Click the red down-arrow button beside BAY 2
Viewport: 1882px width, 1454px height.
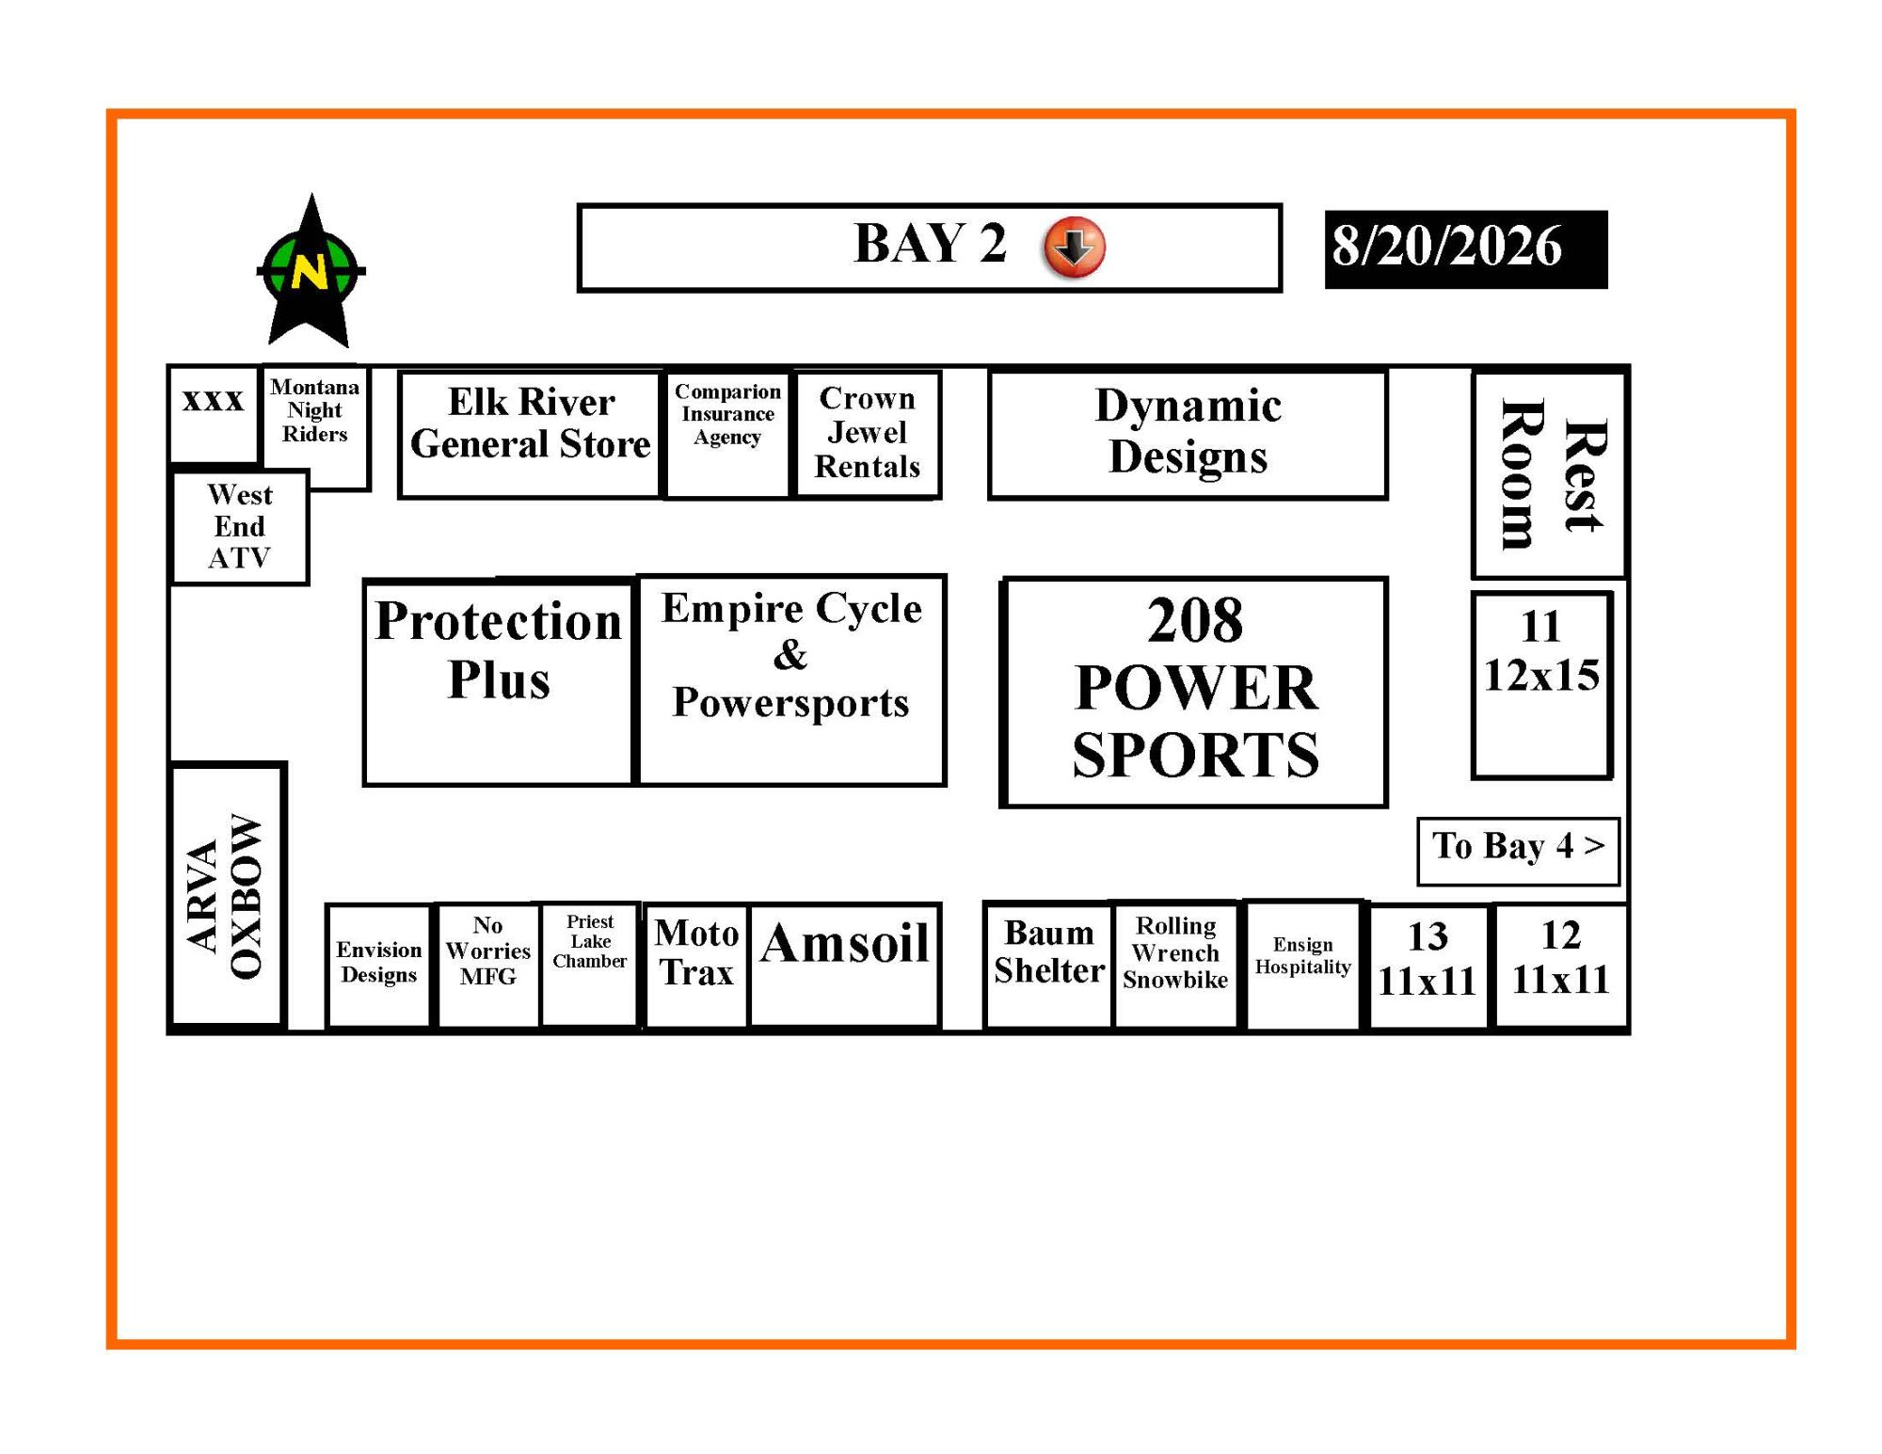click(1074, 247)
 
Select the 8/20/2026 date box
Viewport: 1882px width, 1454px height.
click(1466, 248)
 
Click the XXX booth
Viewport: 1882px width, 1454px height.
click(214, 413)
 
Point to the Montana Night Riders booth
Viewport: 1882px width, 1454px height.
click(315, 427)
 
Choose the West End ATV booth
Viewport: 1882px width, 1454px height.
click(240, 527)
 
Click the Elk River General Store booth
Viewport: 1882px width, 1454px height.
click(531, 434)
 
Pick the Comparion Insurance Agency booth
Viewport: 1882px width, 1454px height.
click(727, 435)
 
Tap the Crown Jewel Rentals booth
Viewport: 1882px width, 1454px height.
click(868, 434)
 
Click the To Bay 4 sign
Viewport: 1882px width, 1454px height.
click(1518, 851)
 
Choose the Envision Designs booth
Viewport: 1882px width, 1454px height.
click(378, 966)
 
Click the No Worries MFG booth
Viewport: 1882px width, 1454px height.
click(488, 966)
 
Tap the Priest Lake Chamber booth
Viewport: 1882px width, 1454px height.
click(590, 965)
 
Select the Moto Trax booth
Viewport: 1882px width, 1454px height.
click(696, 966)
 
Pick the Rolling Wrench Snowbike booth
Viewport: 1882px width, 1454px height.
click(1175, 965)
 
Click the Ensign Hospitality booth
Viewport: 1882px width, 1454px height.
click(1303, 965)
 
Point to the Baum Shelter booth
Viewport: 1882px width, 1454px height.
click(1048, 965)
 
